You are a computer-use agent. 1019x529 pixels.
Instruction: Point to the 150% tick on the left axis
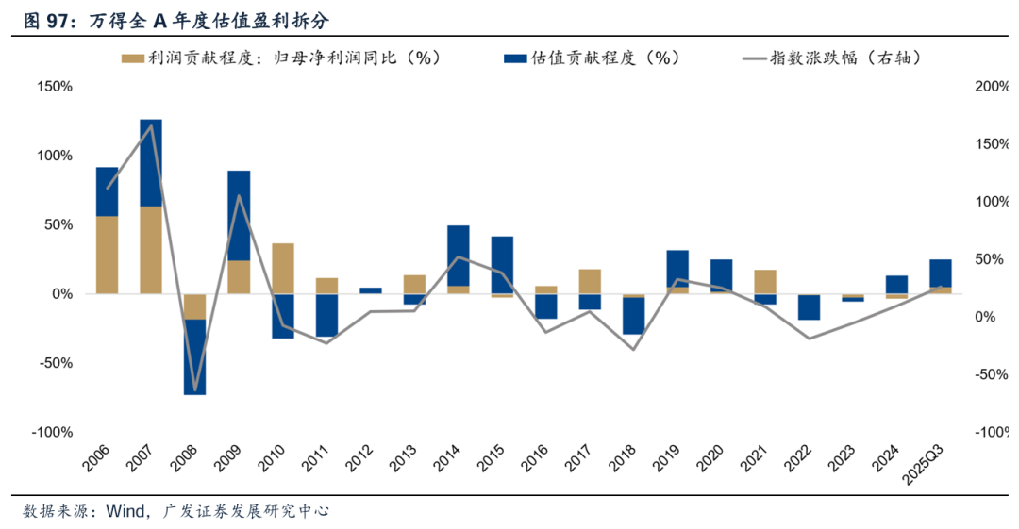[x=53, y=87]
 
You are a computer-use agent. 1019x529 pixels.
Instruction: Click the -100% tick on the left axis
[x=51, y=432]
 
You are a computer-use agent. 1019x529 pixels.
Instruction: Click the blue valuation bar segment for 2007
[x=151, y=162]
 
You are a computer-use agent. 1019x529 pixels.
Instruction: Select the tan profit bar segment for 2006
[x=108, y=255]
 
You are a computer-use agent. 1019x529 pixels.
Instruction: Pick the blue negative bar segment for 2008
[x=195, y=356]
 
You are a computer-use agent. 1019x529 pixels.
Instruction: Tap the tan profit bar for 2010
[x=283, y=269]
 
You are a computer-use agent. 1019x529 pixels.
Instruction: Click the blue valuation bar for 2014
[x=459, y=256]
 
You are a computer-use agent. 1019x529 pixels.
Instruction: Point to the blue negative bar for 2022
[x=809, y=307]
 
